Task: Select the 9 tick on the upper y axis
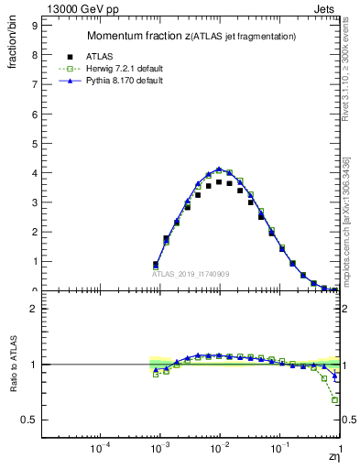click(x=34, y=26)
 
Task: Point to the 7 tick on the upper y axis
click(x=34, y=84)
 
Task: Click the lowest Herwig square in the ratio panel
click(x=335, y=400)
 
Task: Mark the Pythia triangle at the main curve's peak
click(x=219, y=169)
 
